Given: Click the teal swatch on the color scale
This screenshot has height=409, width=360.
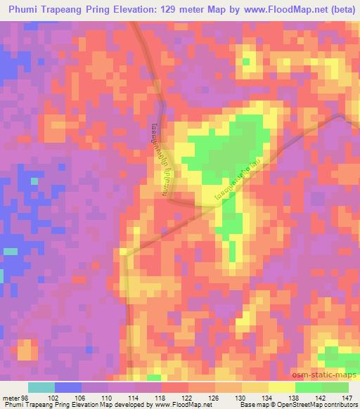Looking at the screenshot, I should point(41,388).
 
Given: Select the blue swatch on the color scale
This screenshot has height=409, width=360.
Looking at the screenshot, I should point(68,388).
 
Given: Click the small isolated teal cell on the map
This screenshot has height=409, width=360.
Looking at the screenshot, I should point(11,251).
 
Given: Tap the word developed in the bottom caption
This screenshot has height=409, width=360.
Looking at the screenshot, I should point(134,404).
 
